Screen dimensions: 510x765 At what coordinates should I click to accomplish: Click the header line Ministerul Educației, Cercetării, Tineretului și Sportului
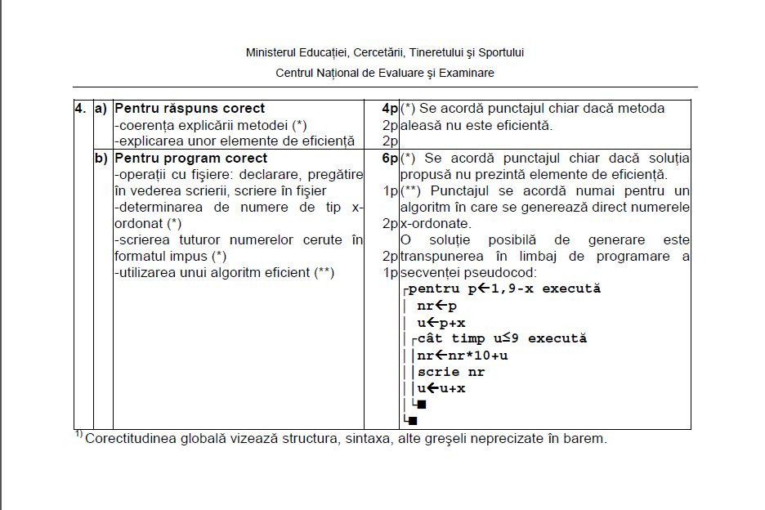(385, 52)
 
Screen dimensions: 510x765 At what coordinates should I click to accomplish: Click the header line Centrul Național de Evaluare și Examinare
(385, 73)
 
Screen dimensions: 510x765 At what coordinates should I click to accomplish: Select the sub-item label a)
(101, 109)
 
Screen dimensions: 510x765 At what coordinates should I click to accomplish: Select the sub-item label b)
(101, 158)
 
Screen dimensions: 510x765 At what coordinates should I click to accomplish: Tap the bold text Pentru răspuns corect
(190, 109)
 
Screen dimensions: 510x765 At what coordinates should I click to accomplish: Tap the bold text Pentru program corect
(190, 158)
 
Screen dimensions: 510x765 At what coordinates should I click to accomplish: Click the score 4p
(389, 109)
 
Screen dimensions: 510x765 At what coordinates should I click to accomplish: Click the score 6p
(389, 158)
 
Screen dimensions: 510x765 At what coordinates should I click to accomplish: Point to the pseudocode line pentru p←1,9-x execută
(503, 289)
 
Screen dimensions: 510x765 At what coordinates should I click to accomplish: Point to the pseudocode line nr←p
(437, 306)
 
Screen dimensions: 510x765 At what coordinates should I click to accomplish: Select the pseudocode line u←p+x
(441, 322)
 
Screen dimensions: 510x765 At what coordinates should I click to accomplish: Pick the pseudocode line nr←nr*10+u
(463, 355)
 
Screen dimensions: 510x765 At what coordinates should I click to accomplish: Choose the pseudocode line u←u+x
(441, 388)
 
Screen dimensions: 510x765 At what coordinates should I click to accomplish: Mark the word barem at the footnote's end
(588, 439)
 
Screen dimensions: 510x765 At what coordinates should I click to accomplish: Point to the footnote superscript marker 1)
(78, 435)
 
